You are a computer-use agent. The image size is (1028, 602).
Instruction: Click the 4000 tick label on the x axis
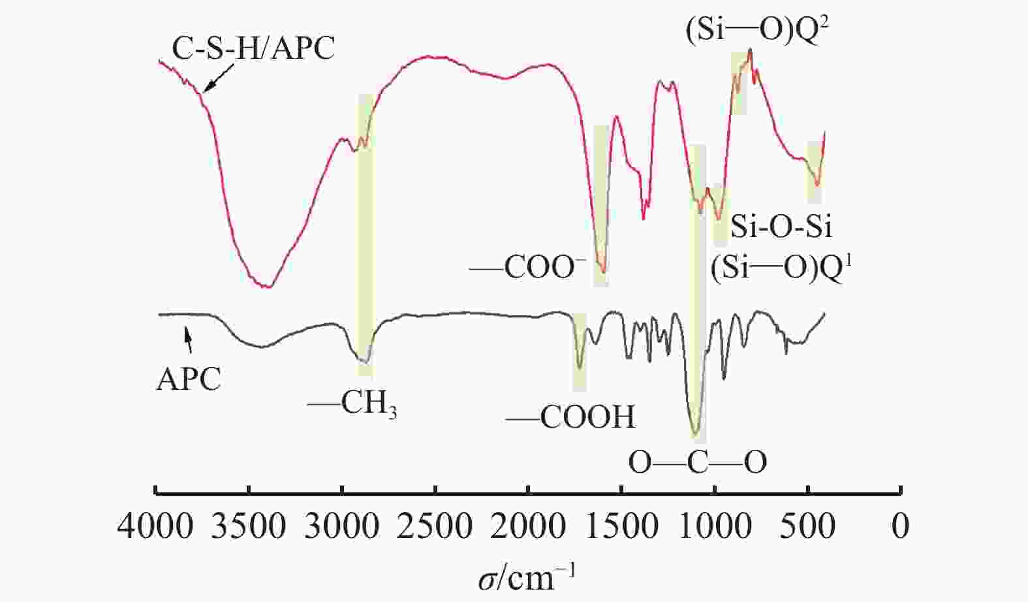(155, 526)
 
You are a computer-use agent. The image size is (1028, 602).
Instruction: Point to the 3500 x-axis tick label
(249, 526)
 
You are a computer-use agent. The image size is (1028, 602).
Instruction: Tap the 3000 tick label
(342, 526)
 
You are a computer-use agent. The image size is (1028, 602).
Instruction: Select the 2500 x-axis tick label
(435, 526)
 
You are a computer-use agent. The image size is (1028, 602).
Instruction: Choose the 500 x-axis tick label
(809, 526)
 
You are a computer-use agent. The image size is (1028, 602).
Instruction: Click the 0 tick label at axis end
(901, 526)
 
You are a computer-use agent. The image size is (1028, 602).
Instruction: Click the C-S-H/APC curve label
(253, 47)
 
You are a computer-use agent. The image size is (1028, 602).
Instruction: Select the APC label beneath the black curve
(189, 379)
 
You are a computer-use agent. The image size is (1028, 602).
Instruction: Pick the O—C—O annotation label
(697, 462)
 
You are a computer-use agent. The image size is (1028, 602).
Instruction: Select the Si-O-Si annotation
(781, 227)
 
